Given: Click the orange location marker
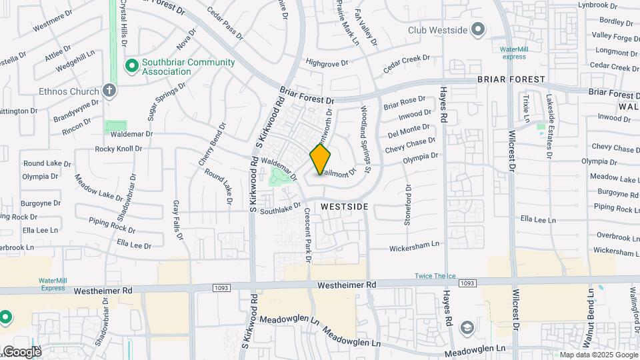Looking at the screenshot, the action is (x=321, y=159).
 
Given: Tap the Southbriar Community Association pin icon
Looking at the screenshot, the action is (x=132, y=65).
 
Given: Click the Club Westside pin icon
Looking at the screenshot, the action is (x=477, y=29).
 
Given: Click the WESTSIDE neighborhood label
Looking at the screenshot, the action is (x=344, y=207).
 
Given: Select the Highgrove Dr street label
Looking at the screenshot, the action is (x=327, y=63).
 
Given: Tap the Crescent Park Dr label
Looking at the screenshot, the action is (x=308, y=235).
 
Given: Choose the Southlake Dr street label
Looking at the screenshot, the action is (x=281, y=209).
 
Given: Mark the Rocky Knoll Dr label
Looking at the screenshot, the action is (x=119, y=149).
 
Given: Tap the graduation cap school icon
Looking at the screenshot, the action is (x=467, y=327).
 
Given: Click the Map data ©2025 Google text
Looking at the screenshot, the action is (x=598, y=355).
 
